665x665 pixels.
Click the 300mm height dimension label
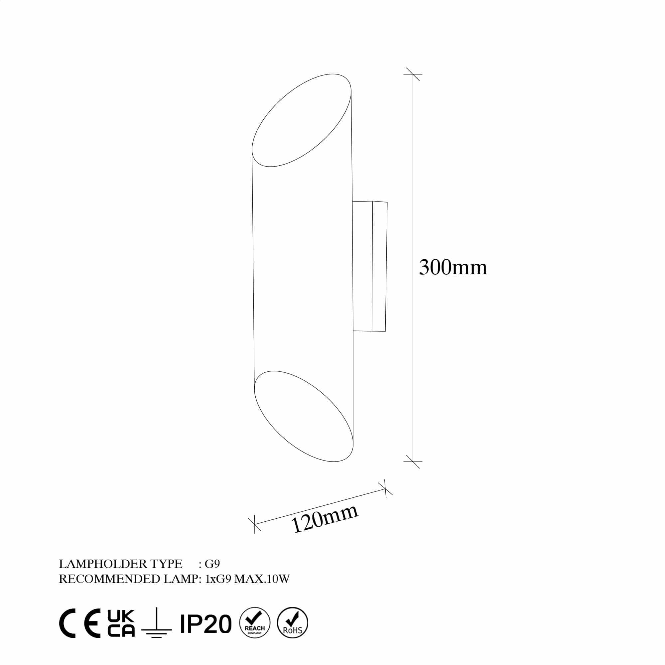coord(453,267)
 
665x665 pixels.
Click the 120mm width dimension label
coord(324,519)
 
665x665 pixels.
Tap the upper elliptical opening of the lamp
coord(302,120)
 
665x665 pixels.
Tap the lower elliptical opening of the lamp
coord(304,416)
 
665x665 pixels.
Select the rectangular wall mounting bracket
coord(370,266)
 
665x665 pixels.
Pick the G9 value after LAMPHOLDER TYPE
coord(212,564)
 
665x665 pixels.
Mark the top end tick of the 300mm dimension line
coord(413,74)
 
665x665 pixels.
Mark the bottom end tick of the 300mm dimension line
coord(413,462)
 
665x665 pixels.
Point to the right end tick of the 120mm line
coord(385,489)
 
